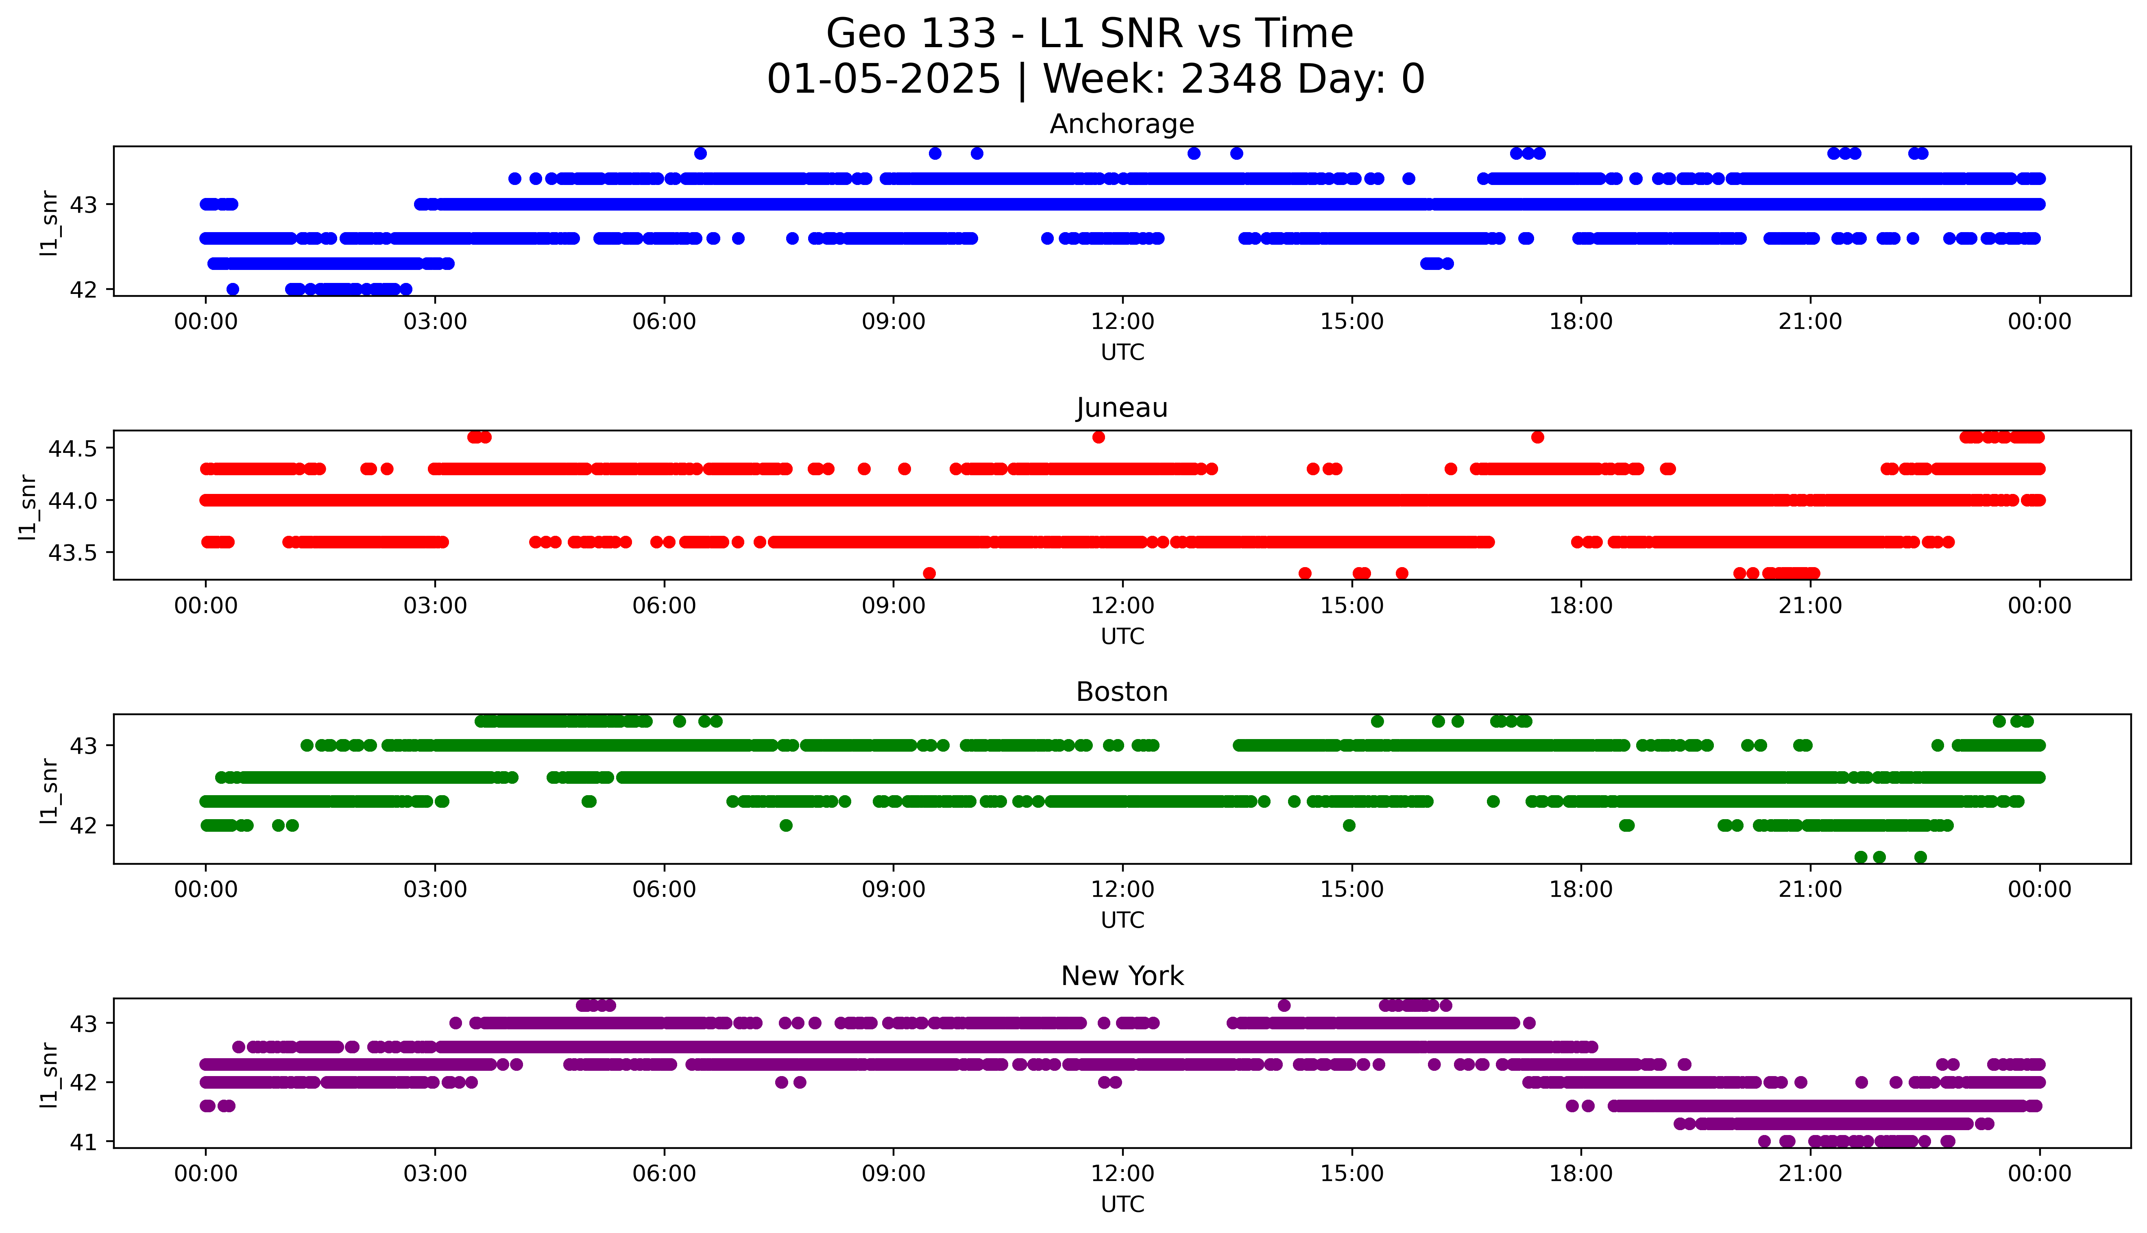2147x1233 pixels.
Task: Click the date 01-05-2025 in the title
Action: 883,80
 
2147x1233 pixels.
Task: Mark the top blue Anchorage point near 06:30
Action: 700,153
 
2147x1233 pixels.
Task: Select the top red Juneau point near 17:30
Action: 1537,437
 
